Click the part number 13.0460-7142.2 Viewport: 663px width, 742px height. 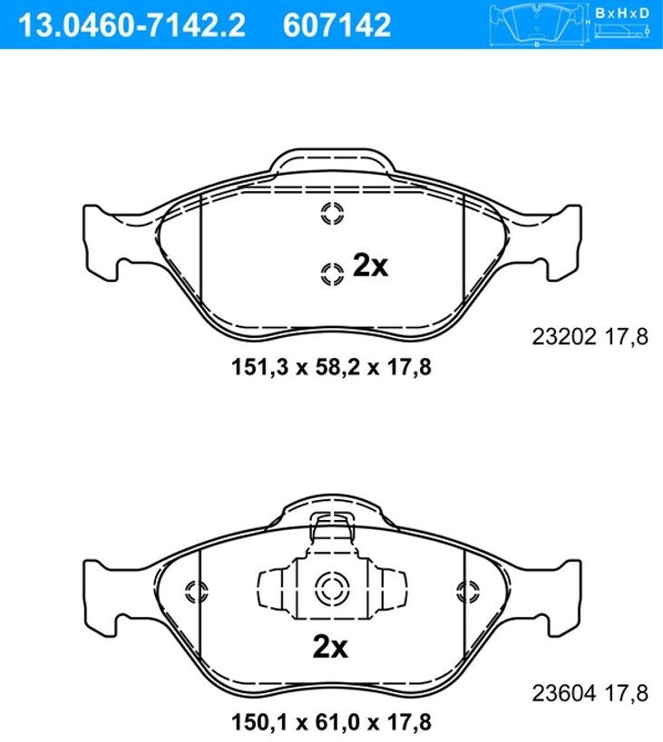132,25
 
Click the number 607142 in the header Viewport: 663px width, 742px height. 336,25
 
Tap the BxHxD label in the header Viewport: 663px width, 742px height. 622,13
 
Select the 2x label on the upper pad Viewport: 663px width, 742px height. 370,266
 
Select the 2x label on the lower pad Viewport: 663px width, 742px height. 330,646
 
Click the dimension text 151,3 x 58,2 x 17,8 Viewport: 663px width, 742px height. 331,367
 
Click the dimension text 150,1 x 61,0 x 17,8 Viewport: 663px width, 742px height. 331,722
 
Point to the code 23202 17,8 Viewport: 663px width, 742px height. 590,337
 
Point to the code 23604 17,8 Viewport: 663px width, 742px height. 590,694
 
